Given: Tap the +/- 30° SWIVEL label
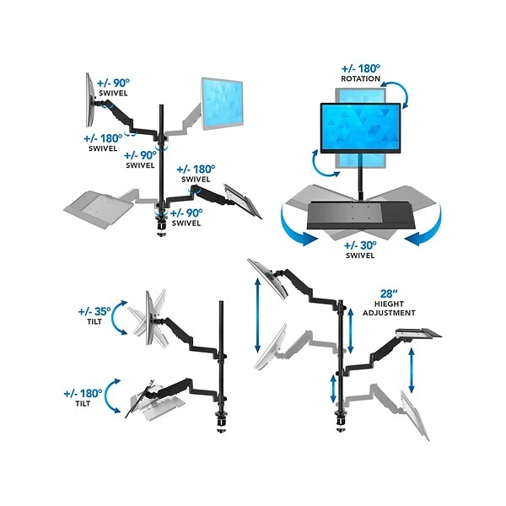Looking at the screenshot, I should tap(361, 249).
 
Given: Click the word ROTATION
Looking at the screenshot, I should tap(361, 79).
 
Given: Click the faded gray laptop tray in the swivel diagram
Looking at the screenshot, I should tap(99, 202).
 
